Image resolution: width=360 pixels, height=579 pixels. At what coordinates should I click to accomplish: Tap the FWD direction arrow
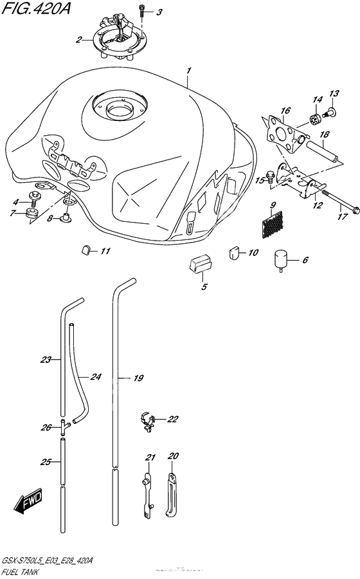click(28, 502)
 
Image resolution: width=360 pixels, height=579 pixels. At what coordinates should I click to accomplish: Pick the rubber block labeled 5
click(201, 264)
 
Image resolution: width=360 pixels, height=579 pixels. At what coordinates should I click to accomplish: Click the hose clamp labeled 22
click(147, 421)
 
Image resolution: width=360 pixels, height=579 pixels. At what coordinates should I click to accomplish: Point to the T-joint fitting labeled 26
click(64, 427)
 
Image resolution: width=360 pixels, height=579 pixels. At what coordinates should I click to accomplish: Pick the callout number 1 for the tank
click(188, 70)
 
